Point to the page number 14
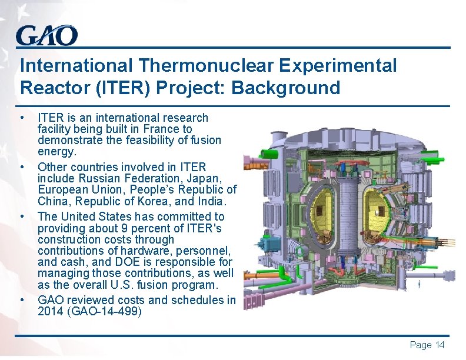point(438,345)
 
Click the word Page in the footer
point(420,345)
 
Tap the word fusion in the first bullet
point(207,140)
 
